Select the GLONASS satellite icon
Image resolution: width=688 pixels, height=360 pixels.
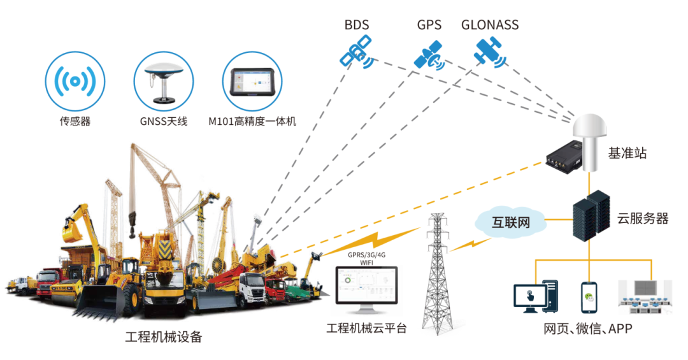(x=489, y=52)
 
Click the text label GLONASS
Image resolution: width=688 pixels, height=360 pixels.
(x=490, y=25)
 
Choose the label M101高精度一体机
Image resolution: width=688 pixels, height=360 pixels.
(x=252, y=121)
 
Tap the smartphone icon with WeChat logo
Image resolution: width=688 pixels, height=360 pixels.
(x=589, y=297)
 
